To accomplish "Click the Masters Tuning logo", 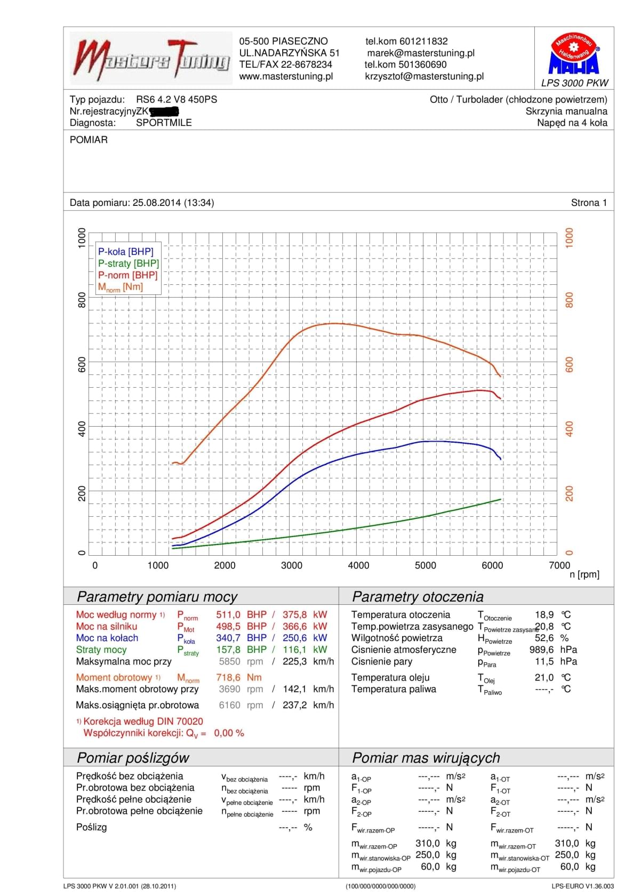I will tap(152, 59).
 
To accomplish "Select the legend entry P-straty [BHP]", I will tap(129, 263).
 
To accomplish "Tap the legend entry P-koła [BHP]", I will tap(125, 252).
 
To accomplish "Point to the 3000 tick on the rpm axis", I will tap(292, 565).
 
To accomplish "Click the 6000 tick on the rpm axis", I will tap(492, 565).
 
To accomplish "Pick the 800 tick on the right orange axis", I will tap(570, 300).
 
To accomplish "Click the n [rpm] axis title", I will tap(584, 574).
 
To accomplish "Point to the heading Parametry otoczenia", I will tap(418, 597).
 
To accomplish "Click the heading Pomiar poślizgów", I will tap(133, 758).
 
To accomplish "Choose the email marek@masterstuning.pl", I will tap(421, 53).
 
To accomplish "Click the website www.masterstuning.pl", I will tap(286, 76).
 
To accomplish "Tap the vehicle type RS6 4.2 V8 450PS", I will tap(177, 99).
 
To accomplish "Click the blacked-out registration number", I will tap(164, 111).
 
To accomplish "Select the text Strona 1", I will tap(589, 203).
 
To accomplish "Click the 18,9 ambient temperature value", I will tap(544, 615).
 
